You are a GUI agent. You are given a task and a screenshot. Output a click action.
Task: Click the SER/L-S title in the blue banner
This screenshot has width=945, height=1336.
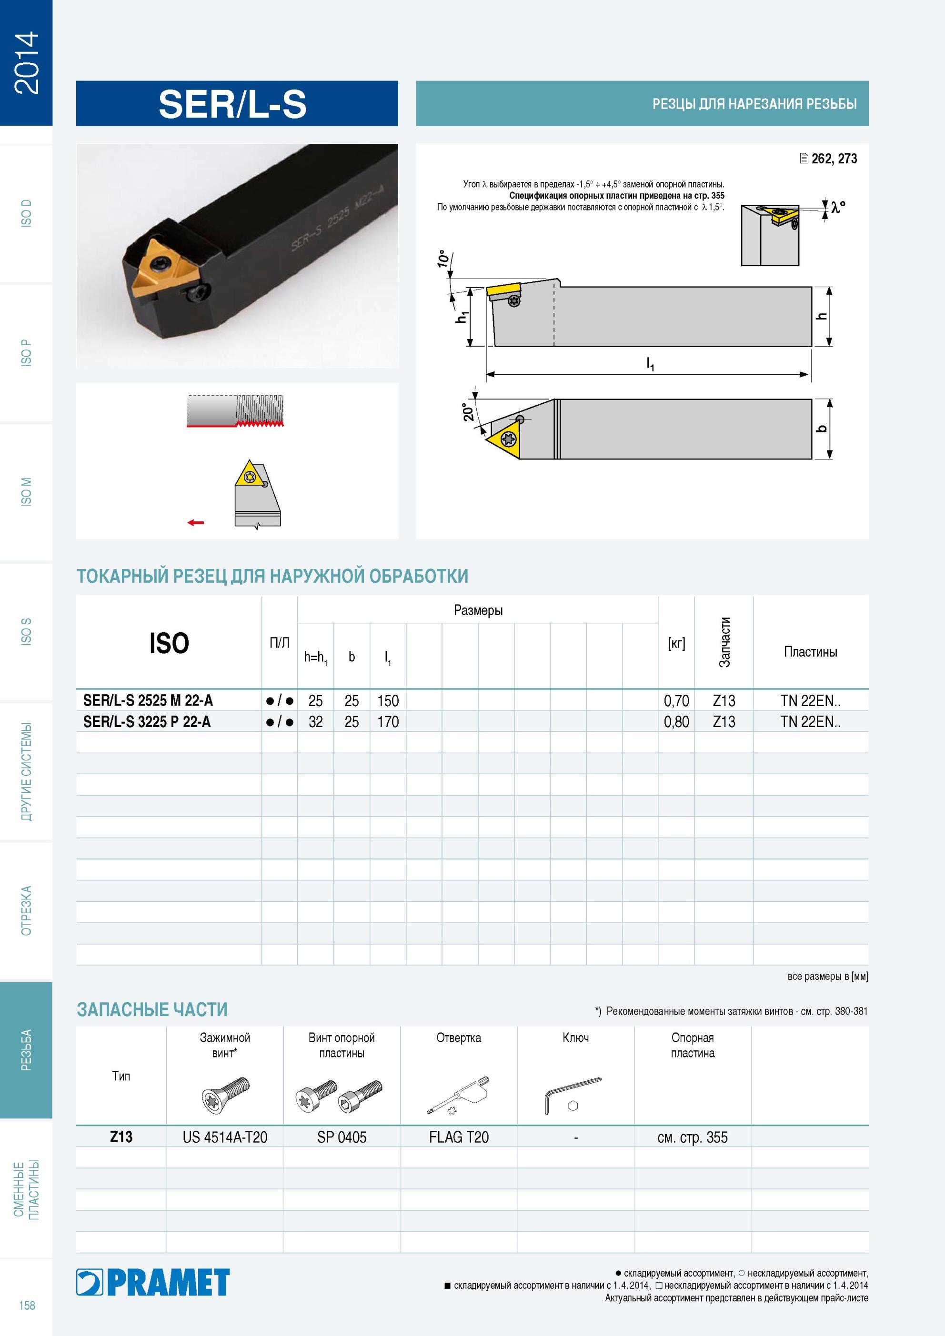tap(232, 104)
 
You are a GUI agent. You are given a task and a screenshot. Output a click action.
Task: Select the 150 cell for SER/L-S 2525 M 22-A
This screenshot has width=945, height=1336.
tap(388, 700)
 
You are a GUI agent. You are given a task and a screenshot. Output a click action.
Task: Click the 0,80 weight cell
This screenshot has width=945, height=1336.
tap(676, 721)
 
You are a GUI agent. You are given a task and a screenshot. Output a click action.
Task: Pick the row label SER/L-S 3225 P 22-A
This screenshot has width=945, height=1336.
tap(147, 721)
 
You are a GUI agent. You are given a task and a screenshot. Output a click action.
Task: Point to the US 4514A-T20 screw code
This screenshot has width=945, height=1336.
tap(225, 1137)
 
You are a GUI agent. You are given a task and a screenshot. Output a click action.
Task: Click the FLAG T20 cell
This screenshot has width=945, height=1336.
tap(459, 1137)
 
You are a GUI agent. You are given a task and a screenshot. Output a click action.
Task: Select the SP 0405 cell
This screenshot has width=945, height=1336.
tap(342, 1137)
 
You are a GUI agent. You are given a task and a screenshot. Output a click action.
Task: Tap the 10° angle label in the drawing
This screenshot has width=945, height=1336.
tap(443, 259)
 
